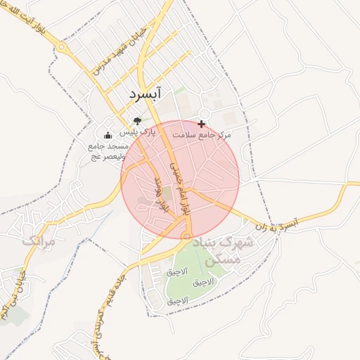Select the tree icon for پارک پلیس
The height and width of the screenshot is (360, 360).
coord(136,121)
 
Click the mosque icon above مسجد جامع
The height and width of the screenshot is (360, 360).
coord(108,136)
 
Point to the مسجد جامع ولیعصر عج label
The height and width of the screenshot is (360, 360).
coord(107,151)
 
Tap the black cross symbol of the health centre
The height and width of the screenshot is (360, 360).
coord(202,124)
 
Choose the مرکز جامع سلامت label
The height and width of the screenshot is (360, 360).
coord(226,134)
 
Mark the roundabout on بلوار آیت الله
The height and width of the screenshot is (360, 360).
coord(63,49)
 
